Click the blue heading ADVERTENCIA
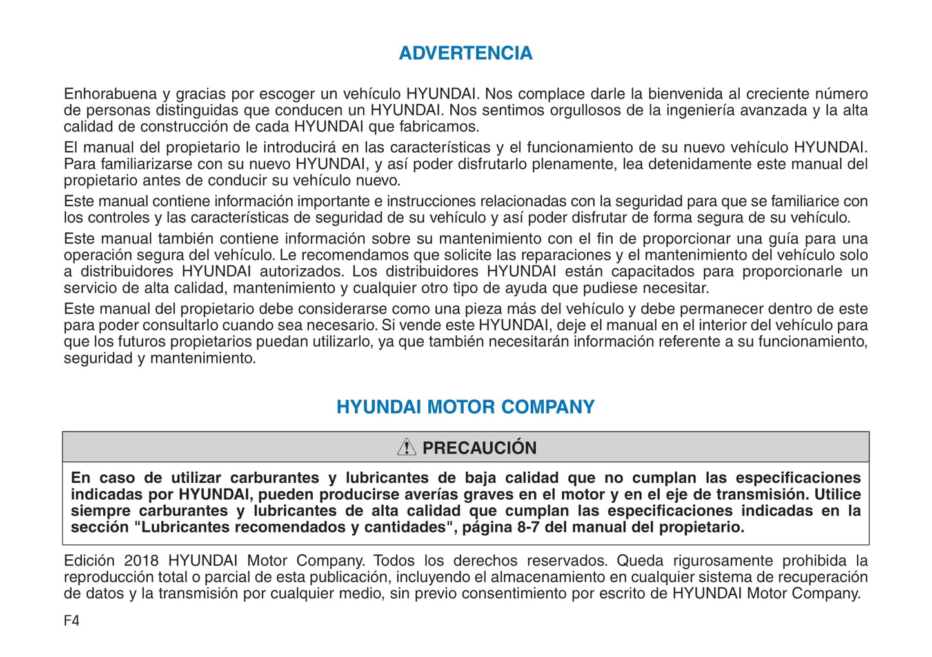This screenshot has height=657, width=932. pyautogui.click(x=465, y=53)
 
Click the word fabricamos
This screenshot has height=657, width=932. pyautogui.click(x=439, y=127)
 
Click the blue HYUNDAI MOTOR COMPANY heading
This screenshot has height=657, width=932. pyautogui.click(x=465, y=407)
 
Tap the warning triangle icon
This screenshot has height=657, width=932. pyautogui.click(x=406, y=447)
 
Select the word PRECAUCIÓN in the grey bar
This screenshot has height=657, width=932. pyautogui.click(x=479, y=448)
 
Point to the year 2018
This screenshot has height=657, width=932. pyautogui.click(x=142, y=561)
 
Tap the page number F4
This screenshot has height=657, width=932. pyautogui.click(x=71, y=621)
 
